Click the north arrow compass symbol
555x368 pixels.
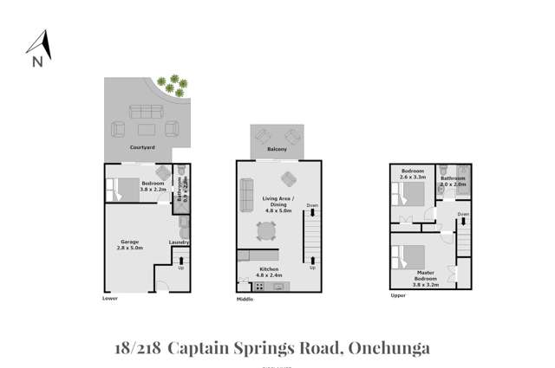click(38, 48)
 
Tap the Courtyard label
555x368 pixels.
click(142, 148)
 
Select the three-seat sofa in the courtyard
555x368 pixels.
click(143, 113)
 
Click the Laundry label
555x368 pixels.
click(180, 242)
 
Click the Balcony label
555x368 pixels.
click(278, 149)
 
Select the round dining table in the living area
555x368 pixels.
click(265, 231)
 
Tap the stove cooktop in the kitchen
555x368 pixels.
click(259, 286)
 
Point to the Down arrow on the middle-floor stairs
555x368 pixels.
click(311, 206)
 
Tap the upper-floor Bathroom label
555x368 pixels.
click(454, 179)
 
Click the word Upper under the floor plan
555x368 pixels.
click(398, 295)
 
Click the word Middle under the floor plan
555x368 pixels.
click(245, 300)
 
